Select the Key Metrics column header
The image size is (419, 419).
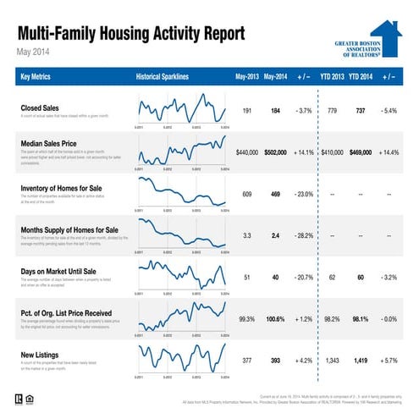(x=37, y=78)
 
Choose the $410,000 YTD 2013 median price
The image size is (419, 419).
(x=331, y=152)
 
